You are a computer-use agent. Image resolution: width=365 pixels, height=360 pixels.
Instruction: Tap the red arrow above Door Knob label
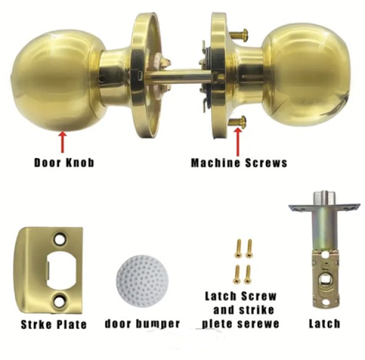coord(63,142)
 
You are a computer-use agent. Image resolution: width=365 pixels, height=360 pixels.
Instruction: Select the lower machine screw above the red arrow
coord(237,121)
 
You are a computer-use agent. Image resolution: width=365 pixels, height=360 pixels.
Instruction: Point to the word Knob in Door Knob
coord(80,162)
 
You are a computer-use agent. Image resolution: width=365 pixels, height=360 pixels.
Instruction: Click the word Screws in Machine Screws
coord(266,162)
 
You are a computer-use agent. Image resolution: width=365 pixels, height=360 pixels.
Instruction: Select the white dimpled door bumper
coord(142,280)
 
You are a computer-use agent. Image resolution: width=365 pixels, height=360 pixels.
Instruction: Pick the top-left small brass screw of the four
coord(238,248)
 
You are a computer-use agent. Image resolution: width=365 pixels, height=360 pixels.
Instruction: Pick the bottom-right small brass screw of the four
coord(248,275)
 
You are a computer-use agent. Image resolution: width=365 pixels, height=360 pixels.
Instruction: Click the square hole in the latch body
coord(325,279)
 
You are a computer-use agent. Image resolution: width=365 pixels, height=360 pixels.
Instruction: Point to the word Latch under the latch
coord(324,324)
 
